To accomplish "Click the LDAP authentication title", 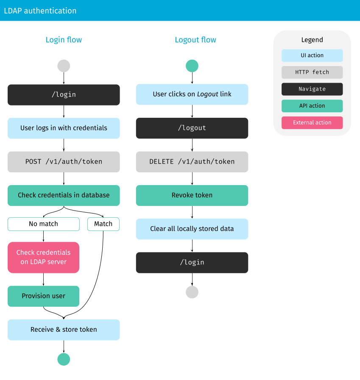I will [x=40, y=11].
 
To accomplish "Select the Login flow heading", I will [x=64, y=40].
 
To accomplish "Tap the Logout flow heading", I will [x=195, y=40].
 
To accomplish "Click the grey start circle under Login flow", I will [x=64, y=66].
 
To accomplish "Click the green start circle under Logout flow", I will [x=192, y=66].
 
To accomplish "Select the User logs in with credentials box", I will [x=64, y=128].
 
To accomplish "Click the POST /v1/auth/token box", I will [x=64, y=161].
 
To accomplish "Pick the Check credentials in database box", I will [x=64, y=195].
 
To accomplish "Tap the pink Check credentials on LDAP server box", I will [x=43, y=257].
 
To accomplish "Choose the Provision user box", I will [x=43, y=296].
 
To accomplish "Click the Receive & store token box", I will [x=64, y=330].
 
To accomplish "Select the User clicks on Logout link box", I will [x=192, y=94].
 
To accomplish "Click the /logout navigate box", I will [x=192, y=128].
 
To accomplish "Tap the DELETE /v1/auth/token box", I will [x=192, y=161].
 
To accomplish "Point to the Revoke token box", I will [x=192, y=195].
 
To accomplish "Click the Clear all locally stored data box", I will [x=192, y=229].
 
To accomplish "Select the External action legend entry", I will [x=312, y=122].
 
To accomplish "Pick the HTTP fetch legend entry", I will [x=312, y=72].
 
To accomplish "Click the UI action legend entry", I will [x=312, y=55].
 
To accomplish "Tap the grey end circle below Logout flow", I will [x=192, y=292].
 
